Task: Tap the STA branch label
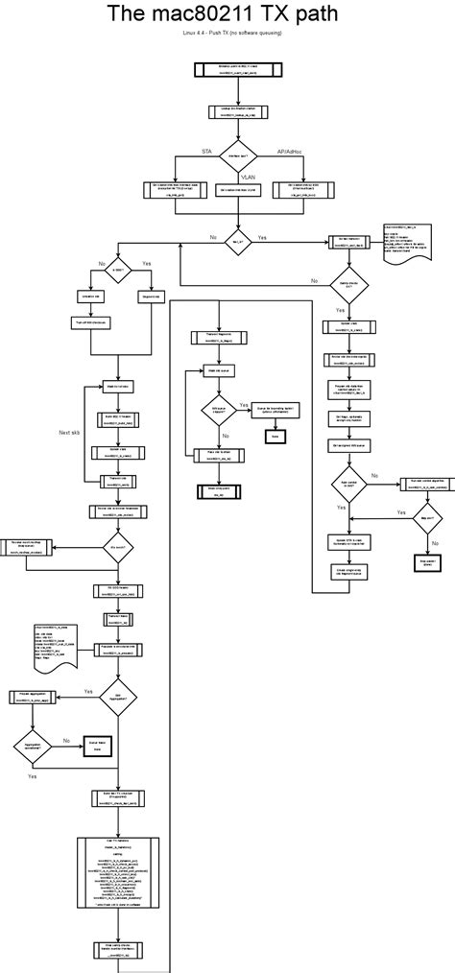tap(205, 152)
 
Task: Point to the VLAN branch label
tap(248, 177)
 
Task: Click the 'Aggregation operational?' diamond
tap(33, 746)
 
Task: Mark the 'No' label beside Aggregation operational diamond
tap(66, 740)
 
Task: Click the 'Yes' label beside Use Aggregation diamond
tap(87, 690)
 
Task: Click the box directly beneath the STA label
tap(174, 190)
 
